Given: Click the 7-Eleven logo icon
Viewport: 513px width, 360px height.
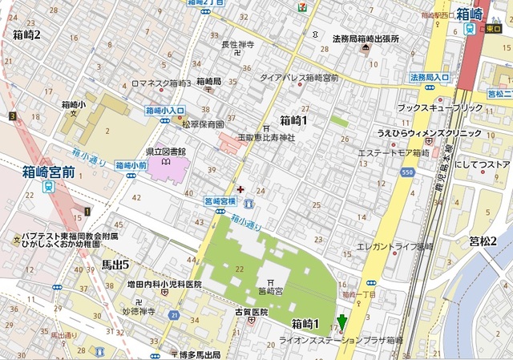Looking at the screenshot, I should click(301, 6).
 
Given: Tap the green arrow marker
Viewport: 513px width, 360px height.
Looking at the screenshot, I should click(341, 323).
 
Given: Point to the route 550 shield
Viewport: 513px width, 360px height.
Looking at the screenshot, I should click(408, 173).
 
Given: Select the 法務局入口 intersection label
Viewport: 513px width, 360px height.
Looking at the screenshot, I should click(430, 78).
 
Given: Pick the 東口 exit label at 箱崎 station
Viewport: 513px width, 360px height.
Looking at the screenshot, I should click(490, 29).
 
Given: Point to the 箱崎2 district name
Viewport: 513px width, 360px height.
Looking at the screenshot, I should click(26, 34).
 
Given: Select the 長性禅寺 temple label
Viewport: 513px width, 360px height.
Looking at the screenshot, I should click(237, 45).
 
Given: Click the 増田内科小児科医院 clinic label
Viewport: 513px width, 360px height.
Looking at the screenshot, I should click(164, 284).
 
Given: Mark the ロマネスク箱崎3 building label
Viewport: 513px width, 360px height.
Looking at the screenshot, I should click(160, 83).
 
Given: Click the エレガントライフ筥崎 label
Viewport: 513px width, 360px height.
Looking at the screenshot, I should click(395, 247).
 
